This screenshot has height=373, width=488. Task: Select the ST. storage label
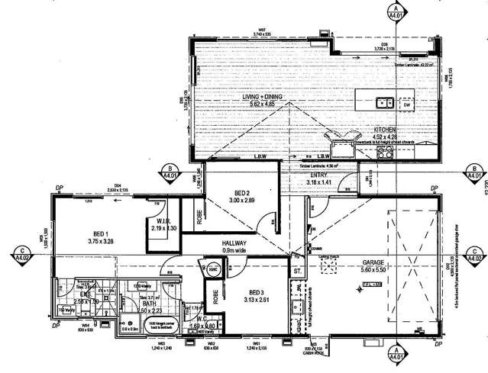click(x=296, y=271)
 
